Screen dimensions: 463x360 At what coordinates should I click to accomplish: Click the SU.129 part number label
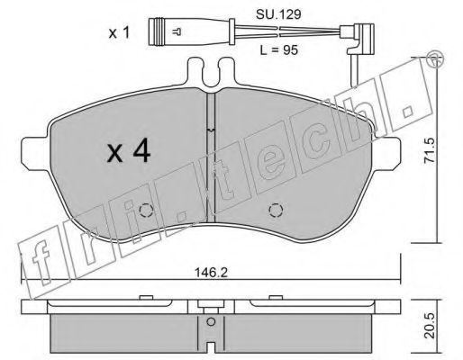click(278, 14)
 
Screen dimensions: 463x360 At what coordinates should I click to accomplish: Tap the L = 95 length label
click(279, 50)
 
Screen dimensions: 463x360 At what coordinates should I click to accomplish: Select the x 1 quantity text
click(119, 32)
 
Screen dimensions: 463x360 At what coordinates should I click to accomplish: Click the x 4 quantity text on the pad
click(129, 152)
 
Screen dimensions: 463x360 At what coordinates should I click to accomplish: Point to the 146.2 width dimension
click(212, 273)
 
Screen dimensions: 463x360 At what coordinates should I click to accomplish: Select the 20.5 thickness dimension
click(430, 325)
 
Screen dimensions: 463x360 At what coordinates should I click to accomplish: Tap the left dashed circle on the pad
click(147, 211)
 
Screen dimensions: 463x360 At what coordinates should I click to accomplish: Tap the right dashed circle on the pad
click(276, 211)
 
